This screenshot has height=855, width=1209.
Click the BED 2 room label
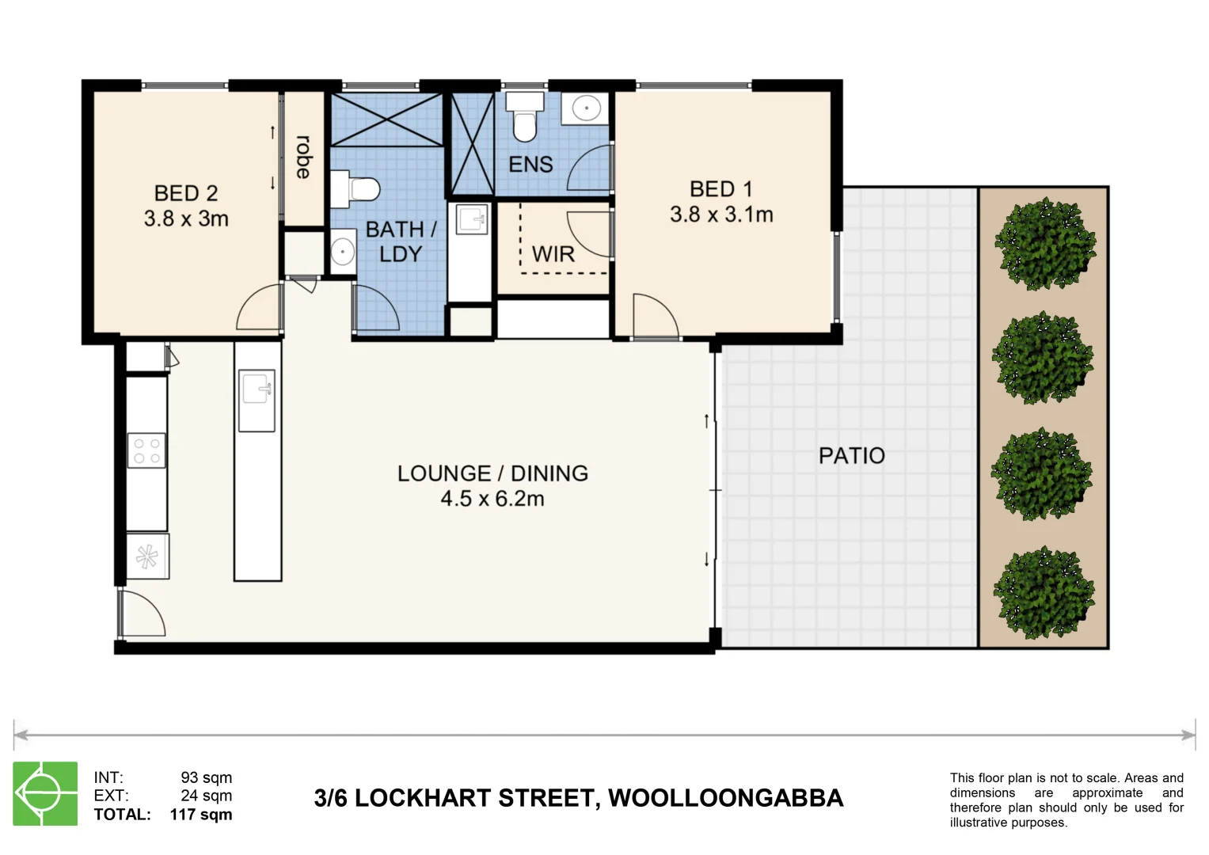click(185, 193)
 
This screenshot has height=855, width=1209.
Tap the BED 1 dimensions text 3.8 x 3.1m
click(720, 215)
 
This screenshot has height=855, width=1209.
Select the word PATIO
click(851, 456)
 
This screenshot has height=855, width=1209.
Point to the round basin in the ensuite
click(586, 108)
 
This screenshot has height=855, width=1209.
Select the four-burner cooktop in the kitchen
click(146, 450)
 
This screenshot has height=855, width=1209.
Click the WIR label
click(553, 254)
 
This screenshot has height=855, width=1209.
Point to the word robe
click(303, 157)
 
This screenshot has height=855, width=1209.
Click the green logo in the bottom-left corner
click(45, 793)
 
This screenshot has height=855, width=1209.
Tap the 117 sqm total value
click(201, 815)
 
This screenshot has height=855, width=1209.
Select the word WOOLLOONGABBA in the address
click(725, 798)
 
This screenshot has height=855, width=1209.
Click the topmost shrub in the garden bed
click(1044, 244)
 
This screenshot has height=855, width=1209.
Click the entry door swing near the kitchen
click(143, 614)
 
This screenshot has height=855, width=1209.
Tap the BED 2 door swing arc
click(259, 309)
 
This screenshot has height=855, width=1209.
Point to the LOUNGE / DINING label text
click(492, 473)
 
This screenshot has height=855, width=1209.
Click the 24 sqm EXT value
click(206, 796)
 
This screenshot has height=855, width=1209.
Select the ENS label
click(530, 165)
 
